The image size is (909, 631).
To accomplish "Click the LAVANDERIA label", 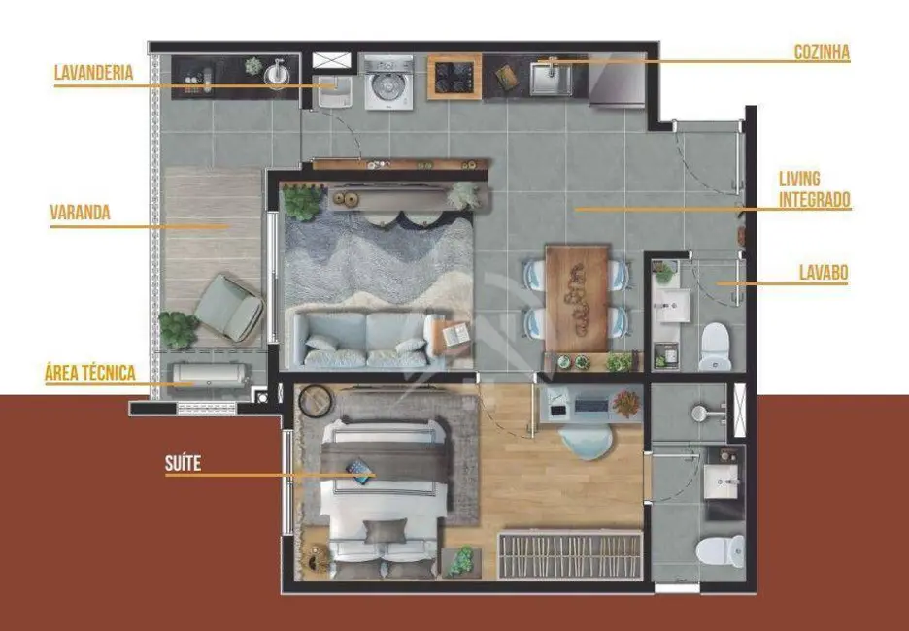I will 93,73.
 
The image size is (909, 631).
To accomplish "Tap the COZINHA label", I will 821,53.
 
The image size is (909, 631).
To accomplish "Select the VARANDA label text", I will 80,213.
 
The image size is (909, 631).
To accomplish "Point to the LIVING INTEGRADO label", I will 814,189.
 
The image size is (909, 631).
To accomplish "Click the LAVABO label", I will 823,274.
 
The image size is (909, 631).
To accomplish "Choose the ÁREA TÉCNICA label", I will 89,372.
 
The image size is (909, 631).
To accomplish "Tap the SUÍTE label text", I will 183,463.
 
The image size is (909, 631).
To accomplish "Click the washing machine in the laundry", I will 388,83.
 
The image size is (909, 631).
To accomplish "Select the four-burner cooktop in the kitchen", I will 454,77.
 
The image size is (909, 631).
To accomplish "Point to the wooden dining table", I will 576,298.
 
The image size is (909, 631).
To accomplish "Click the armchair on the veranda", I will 230,307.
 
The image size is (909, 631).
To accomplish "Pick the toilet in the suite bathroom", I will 721,550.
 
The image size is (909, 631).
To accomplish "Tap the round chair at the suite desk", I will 587,442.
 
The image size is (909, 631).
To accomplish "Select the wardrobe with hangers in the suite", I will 570,555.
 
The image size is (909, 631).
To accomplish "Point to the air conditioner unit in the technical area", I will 210,374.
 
